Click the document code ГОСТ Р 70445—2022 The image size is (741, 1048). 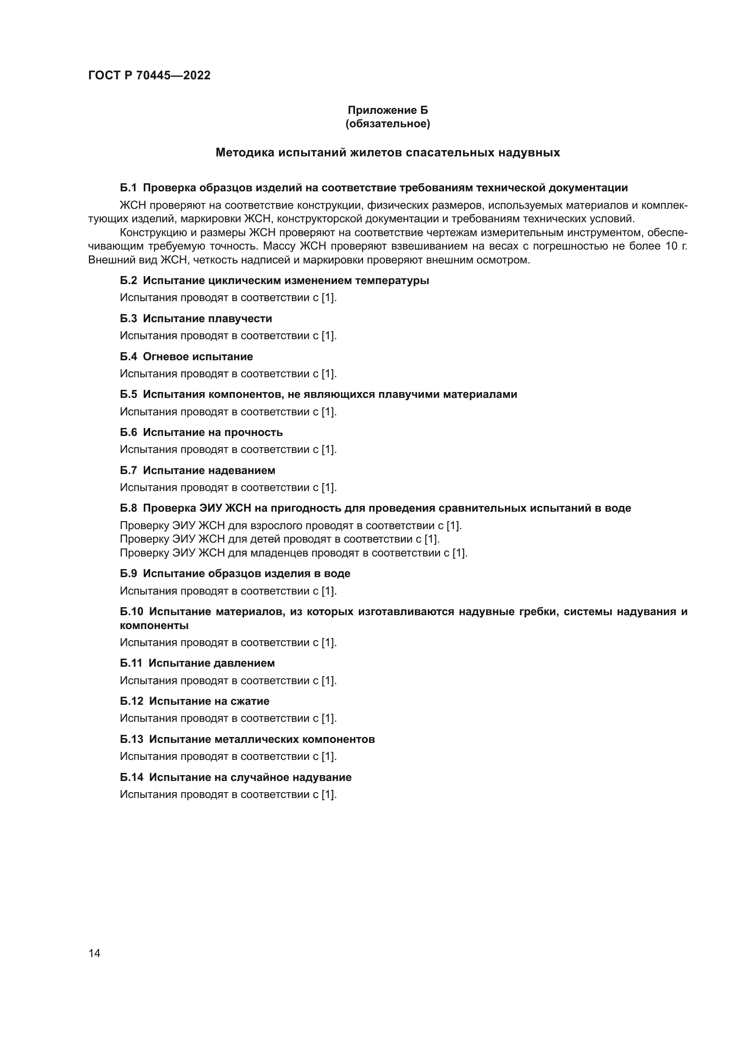pyautogui.click(x=149, y=76)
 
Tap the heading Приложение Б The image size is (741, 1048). pyautogui.click(x=388, y=110)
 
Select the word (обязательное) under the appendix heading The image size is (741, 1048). pyautogui.click(x=388, y=124)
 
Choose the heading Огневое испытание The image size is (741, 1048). pyautogui.click(x=198, y=357)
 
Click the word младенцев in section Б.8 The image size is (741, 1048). pyautogui.click(x=279, y=553)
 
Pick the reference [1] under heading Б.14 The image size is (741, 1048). pyautogui.click(x=328, y=795)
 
